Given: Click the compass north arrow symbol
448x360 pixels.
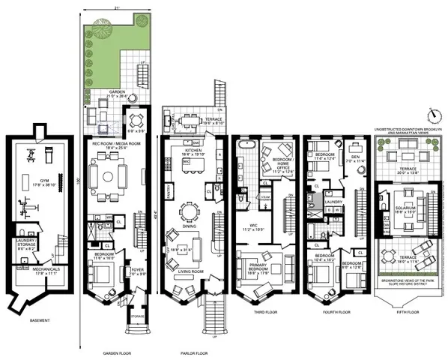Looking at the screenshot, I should (432, 115).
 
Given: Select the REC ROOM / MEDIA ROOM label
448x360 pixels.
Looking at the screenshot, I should (112, 145).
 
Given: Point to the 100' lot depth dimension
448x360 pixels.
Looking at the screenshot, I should (78, 181).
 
